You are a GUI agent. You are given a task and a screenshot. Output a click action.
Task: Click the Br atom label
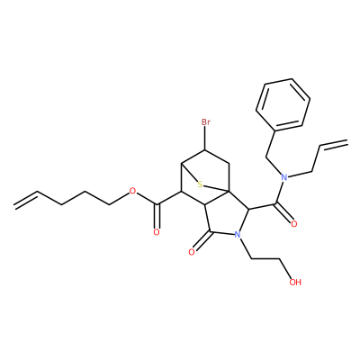pyautogui.click(x=205, y=122)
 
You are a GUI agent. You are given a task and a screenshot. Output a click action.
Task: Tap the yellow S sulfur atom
pyautogui.click(x=200, y=184)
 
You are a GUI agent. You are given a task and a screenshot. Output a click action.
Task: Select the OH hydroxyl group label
pyautogui.click(x=295, y=282)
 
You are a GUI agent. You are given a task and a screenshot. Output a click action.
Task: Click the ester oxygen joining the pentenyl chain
pyautogui.click(x=132, y=191)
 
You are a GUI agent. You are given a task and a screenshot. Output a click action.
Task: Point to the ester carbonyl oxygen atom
pyautogui.click(x=156, y=232)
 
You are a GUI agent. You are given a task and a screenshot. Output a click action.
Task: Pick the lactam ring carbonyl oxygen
pyautogui.click(x=192, y=252)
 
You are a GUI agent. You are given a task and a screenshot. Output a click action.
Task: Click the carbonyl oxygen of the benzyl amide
pyautogui.click(x=294, y=224)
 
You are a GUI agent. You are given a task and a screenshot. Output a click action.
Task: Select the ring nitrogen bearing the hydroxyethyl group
pyautogui.click(x=238, y=235)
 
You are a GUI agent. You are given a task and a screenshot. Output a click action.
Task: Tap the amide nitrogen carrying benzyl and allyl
pyautogui.click(x=284, y=177)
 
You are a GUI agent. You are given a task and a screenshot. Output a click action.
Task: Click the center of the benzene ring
pyautogui.click(x=283, y=104)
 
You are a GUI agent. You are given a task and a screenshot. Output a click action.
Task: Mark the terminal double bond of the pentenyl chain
pyautogui.click(x=26, y=198)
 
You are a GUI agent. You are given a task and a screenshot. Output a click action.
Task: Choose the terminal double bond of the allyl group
pyautogui.click(x=334, y=143)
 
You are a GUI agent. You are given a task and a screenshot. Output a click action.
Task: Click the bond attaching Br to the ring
pyautogui.click(x=205, y=139)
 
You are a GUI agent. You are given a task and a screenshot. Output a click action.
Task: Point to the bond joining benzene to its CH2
pyautogui.click(x=270, y=143)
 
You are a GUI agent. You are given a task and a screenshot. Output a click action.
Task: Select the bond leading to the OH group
pyautogui.click(x=285, y=268)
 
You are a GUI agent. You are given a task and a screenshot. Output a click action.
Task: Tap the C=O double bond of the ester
pyautogui.click(x=157, y=217)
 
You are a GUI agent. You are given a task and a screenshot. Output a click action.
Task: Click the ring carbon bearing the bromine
pyautogui.click(x=205, y=150)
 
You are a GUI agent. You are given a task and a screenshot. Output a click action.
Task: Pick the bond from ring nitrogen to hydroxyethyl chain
pyautogui.click(x=245, y=248)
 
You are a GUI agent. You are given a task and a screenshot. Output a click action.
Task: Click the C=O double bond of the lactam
pyautogui.click(x=202, y=241)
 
